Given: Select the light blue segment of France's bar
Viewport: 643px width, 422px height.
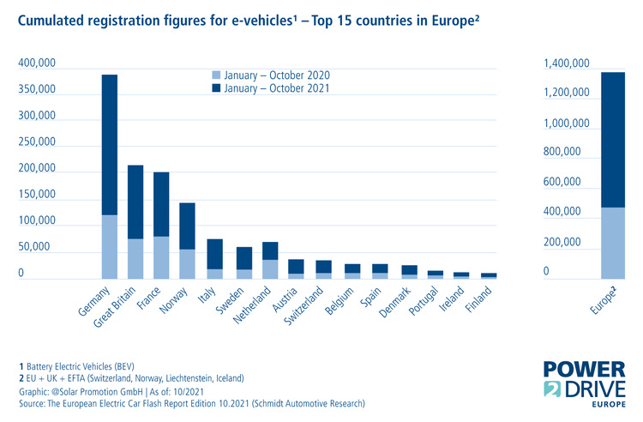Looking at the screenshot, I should (x=161, y=257).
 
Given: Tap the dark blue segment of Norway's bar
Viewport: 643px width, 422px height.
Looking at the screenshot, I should (x=187, y=226).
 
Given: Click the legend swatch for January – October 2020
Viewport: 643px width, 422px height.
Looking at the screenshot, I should (x=216, y=75).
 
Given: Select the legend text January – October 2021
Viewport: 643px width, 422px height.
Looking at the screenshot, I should (x=276, y=87).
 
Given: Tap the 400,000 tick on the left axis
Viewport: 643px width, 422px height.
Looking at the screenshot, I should (x=37, y=63).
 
